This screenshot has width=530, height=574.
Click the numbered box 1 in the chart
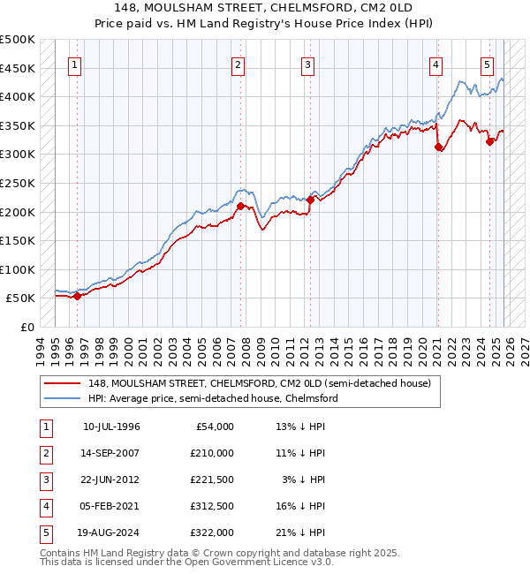pos(76,64)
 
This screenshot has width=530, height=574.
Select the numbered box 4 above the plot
pos(436,64)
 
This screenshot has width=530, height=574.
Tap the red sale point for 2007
pos(240,206)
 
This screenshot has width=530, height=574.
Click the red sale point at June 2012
pos(310,200)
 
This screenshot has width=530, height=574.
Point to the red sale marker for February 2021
pos(438,147)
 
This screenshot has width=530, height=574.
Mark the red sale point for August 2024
pos(489,141)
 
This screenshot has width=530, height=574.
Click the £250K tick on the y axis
pos(18,183)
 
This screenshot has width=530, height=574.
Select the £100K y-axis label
pos(18,269)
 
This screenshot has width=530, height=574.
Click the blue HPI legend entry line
pos(64,398)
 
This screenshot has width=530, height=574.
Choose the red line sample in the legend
pos(64,383)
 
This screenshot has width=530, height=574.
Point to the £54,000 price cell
pos(214,427)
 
